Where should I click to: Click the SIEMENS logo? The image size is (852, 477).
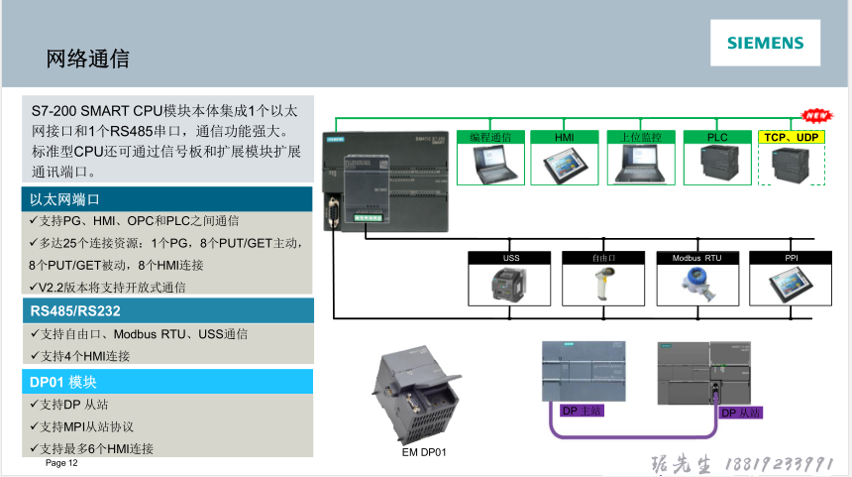click(766, 43)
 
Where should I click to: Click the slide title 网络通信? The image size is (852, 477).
click(88, 59)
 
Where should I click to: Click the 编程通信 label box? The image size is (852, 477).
click(489, 137)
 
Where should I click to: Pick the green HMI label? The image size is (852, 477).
click(565, 137)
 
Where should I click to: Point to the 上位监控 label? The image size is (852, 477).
click(641, 137)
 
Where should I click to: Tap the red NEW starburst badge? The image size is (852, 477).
click(814, 115)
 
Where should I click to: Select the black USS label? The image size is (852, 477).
click(511, 258)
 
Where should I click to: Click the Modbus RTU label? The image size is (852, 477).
click(696, 258)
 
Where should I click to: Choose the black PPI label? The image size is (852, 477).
click(791, 258)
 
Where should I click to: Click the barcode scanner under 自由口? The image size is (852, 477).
click(602, 285)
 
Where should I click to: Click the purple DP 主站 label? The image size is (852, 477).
click(582, 410)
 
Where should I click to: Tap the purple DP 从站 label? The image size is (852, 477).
click(740, 412)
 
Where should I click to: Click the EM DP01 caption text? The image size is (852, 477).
click(424, 452)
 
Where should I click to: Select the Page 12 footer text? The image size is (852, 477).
click(61, 463)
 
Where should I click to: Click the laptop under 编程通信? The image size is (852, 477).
click(489, 165)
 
